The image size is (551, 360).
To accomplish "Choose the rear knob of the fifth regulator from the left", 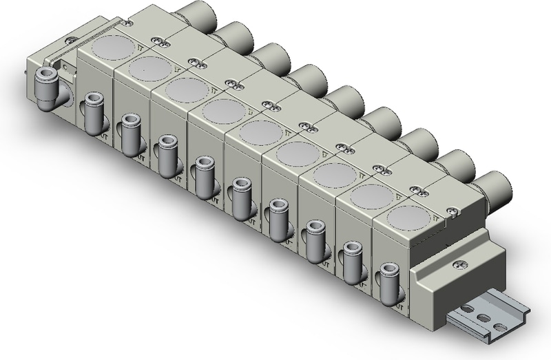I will pos(342,100).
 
